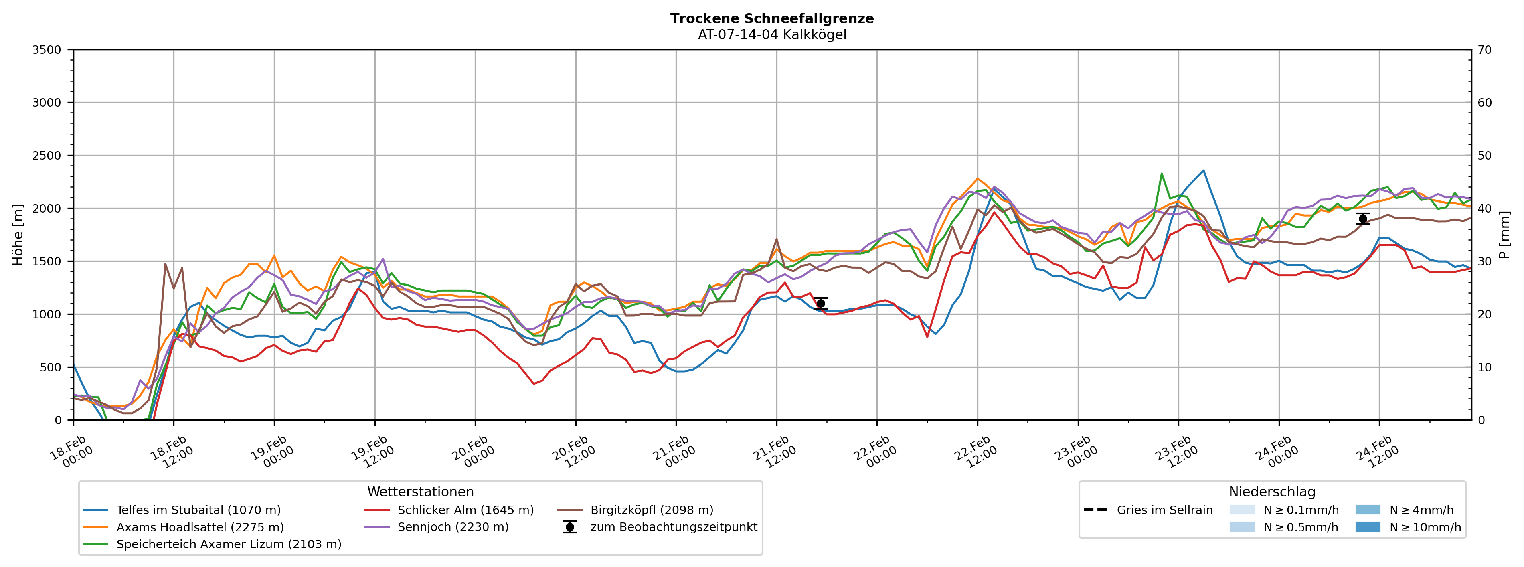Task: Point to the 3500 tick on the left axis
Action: coord(47,50)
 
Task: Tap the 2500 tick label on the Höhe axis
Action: coord(47,156)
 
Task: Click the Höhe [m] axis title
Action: coord(18,235)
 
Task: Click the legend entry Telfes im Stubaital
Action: coord(198,510)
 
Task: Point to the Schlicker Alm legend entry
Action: coord(465,510)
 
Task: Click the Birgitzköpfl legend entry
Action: coord(652,510)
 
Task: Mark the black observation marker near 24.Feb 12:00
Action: coord(1362,219)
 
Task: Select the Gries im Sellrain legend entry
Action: coord(1164,510)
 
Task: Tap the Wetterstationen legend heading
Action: coord(420,492)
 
